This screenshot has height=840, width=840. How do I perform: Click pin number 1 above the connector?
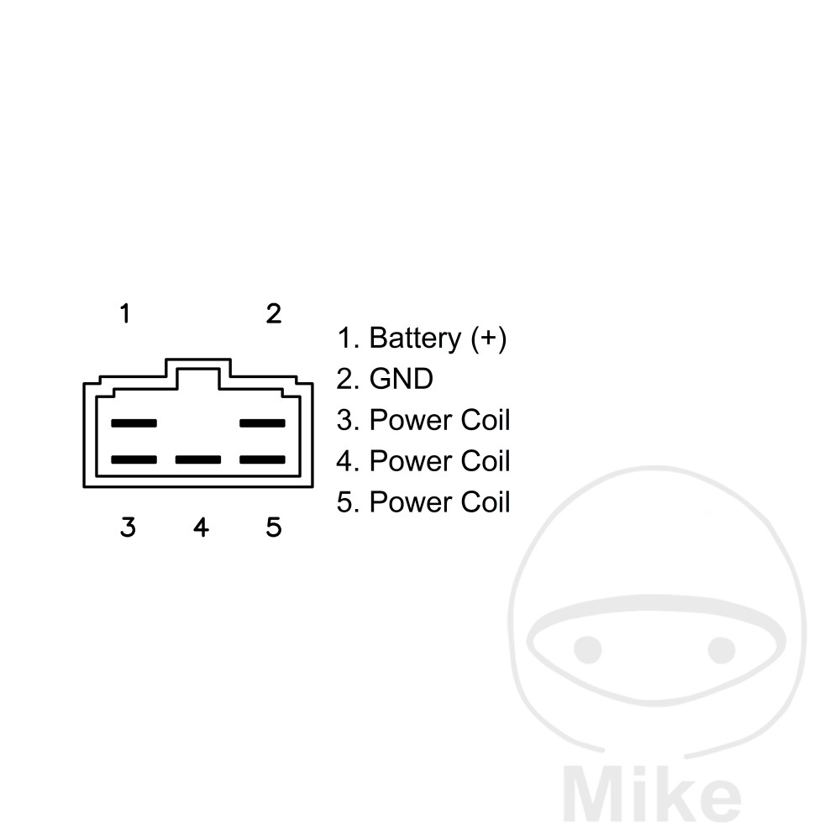pos(125,313)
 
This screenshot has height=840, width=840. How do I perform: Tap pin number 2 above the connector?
pos(274,313)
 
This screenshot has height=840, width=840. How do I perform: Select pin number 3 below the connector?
pos(128,528)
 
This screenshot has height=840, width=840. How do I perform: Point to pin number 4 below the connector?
pos(201,528)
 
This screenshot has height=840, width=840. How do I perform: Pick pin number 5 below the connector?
pos(274,528)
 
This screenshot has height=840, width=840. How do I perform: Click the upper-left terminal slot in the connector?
pos(134,423)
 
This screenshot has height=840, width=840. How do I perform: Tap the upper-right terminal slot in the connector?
pos(262,423)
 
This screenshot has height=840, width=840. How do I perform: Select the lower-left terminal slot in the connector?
pos(134,459)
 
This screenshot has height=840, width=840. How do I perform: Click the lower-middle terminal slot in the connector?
pos(198,459)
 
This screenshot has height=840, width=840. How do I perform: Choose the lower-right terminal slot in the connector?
pos(262,459)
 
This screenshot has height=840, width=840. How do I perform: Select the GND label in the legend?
pos(402,379)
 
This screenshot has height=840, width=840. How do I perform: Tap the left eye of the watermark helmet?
pos(588,649)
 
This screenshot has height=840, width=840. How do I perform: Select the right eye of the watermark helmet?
pos(722,649)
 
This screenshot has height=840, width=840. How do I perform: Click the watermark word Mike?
pos(652,794)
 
